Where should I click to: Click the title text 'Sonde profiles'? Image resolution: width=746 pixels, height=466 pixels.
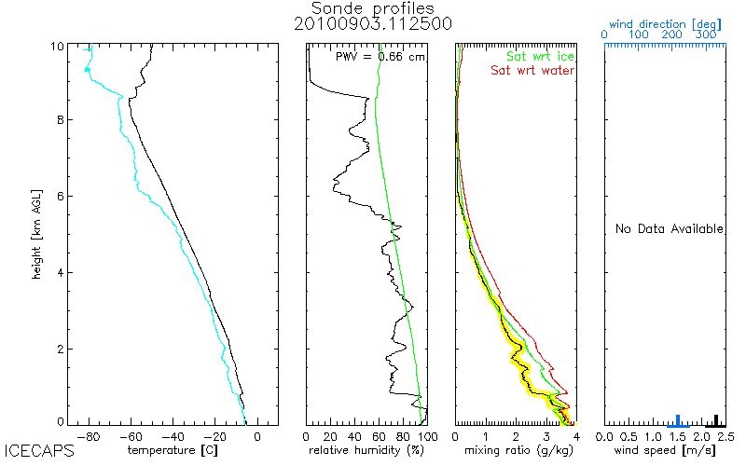[373, 9]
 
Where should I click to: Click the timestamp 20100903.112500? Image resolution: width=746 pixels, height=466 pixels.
[373, 26]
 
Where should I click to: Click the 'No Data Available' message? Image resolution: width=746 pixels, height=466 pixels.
[670, 228]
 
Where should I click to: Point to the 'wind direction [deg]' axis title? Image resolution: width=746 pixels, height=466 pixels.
[662, 22]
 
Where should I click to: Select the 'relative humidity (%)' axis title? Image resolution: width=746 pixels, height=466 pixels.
[366, 451]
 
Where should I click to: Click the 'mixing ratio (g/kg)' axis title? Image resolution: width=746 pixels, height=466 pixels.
[516, 451]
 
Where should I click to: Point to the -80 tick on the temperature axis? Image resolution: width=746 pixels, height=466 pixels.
[90, 436]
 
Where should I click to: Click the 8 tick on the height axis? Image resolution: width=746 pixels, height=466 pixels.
[57, 119]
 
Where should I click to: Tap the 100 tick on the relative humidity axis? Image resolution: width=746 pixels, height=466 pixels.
[425, 436]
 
